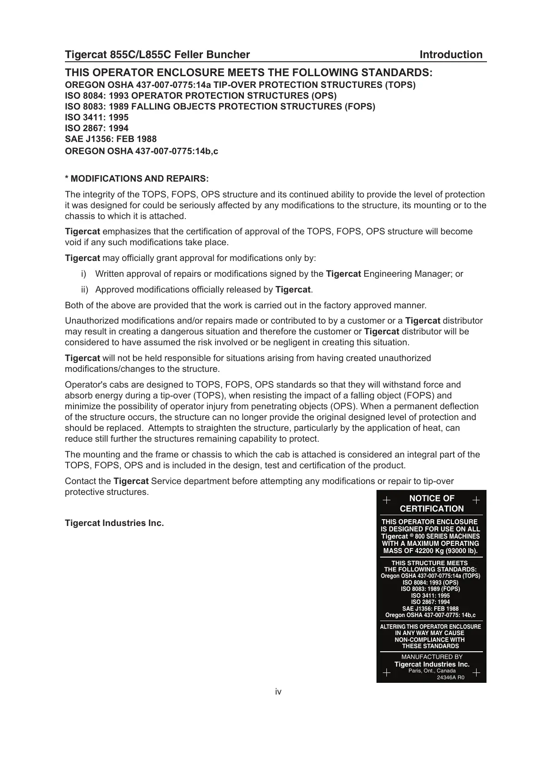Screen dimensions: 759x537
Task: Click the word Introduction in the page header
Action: tap(451, 55)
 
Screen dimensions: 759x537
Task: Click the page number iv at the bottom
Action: tap(278, 691)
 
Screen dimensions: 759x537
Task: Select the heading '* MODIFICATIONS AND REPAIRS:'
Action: tap(137, 178)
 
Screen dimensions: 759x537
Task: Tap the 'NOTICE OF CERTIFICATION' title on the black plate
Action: tap(431, 503)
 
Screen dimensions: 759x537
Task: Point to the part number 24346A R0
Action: tap(450, 677)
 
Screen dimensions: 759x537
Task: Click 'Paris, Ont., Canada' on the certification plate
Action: tap(432, 671)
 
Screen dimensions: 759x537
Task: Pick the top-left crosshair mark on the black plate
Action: tap(386, 500)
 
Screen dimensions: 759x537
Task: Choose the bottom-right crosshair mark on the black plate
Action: tap(477, 673)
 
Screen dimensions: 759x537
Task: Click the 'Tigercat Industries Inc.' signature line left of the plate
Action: tap(115, 523)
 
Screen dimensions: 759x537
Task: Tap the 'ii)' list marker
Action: tap(85, 289)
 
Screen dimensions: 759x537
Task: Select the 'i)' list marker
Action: tap(83, 274)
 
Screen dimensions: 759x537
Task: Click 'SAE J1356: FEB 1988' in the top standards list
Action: tap(111, 139)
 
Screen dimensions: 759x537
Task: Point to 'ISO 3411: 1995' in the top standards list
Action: tap(96, 117)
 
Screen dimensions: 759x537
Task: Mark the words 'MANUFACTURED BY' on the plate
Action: tap(432, 657)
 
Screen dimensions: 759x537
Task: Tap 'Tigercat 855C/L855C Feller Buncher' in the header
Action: tap(157, 55)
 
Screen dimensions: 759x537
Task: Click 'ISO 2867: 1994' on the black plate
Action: tap(430, 602)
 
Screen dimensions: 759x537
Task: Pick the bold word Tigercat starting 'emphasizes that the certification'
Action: tap(83, 232)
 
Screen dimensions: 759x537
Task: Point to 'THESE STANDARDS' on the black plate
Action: tap(430, 646)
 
